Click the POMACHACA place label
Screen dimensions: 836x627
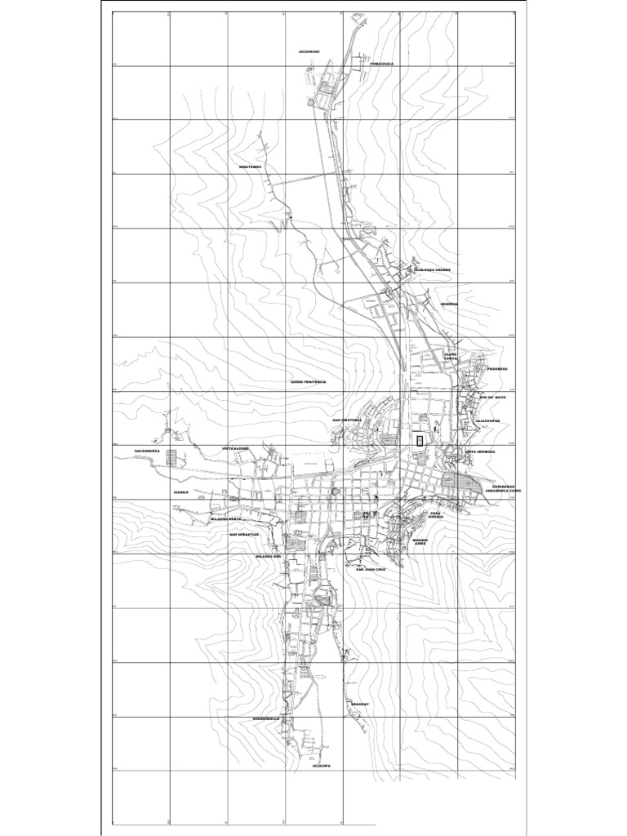[x=381, y=64]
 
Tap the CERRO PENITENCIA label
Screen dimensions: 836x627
[x=308, y=382]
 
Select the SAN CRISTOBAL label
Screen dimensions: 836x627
[x=346, y=421]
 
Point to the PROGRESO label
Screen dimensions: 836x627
[x=497, y=369]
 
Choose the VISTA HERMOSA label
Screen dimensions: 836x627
[x=480, y=451]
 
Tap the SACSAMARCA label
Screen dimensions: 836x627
[x=150, y=451]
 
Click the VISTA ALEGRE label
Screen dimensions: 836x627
[x=235, y=449]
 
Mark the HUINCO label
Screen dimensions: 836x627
[x=181, y=493]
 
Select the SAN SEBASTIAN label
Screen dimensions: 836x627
[x=243, y=535]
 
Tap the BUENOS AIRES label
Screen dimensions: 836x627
[x=420, y=542]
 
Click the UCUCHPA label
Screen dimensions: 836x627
[x=321, y=766]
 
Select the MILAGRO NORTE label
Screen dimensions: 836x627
[x=226, y=519]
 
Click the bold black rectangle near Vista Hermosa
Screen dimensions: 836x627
[x=420, y=440]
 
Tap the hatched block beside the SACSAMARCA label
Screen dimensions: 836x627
[x=172, y=457]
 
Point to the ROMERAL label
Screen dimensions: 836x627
[x=450, y=304]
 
